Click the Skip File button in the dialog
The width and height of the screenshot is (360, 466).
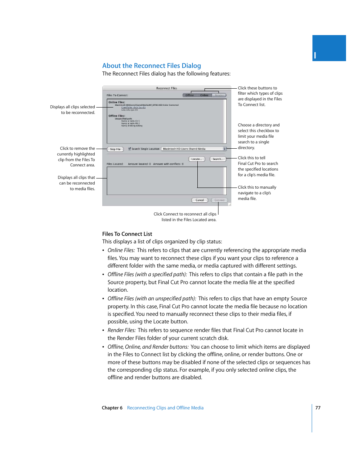[115, 149]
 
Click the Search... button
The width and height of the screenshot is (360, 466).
[218, 159]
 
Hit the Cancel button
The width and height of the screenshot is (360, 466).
[200, 200]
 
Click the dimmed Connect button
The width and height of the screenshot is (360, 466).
[219, 200]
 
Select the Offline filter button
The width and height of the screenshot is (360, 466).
[189, 95]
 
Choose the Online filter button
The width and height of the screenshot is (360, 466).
[204, 95]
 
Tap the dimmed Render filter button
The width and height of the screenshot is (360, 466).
[219, 95]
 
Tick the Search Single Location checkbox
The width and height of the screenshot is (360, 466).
[129, 149]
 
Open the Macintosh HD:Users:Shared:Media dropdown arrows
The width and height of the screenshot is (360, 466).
[225, 149]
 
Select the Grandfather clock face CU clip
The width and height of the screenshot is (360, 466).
[133, 108]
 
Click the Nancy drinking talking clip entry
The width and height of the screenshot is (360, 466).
[132, 126]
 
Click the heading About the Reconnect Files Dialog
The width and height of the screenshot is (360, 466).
[151, 66]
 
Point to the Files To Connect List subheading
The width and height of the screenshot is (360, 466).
[127, 234]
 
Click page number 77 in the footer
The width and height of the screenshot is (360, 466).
[318, 408]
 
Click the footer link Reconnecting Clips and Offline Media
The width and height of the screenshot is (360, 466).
[165, 408]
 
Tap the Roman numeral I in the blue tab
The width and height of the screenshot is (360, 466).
[315, 56]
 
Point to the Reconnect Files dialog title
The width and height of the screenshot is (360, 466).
[166, 88]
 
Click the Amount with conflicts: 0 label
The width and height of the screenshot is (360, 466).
[168, 164]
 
